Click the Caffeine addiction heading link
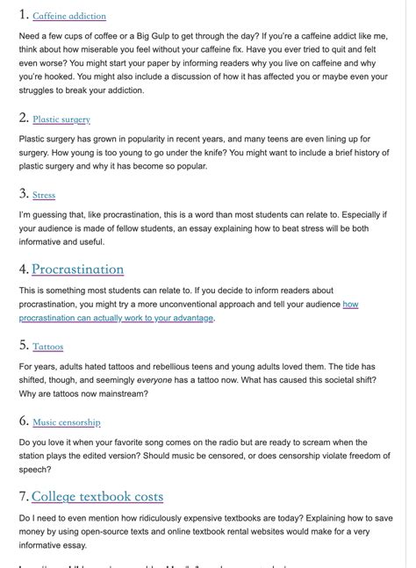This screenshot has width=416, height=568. tap(69, 16)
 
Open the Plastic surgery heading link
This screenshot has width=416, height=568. tap(61, 119)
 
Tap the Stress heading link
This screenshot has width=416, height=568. tap(44, 195)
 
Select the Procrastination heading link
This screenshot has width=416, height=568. tap(77, 270)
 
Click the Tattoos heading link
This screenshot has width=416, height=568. tap(48, 347)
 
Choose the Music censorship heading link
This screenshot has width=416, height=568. tap(67, 422)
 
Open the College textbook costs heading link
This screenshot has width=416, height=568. tap(97, 497)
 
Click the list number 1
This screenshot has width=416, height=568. tap(23, 15)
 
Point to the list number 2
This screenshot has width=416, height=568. tap(23, 118)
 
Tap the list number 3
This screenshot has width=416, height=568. tap(23, 194)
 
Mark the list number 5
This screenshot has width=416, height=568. tap(23, 346)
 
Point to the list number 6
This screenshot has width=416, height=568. tap(23, 421)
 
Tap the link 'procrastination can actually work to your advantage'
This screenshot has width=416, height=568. tap(116, 318)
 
